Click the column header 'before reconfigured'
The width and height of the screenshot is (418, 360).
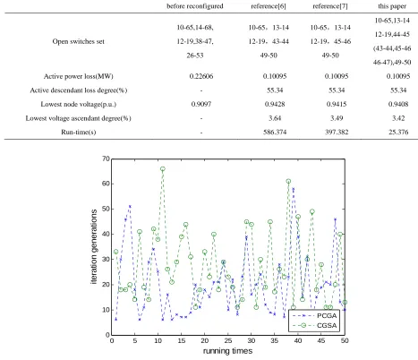tap(195, 6)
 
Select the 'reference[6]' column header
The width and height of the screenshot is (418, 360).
tap(269, 6)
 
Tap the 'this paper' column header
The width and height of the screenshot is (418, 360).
tap(392, 6)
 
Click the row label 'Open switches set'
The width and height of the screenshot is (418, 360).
tap(79, 41)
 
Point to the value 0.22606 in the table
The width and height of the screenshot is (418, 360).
tap(201, 76)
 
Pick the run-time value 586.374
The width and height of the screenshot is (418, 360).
tap(275, 132)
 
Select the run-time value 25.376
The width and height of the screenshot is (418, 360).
tap(398, 132)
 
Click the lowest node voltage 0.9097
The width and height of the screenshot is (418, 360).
tap(201, 104)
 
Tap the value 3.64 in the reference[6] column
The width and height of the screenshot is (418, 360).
tap(275, 118)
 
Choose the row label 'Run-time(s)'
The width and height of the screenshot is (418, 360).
tap(79, 132)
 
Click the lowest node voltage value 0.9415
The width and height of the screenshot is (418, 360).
tap(337, 104)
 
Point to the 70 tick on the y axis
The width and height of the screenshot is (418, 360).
tap(106, 159)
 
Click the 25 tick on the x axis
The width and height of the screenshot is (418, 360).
tap(228, 340)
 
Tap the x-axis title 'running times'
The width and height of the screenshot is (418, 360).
tap(228, 351)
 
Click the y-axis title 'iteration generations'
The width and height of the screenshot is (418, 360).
tap(94, 246)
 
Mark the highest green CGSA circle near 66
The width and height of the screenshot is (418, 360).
tap(163, 169)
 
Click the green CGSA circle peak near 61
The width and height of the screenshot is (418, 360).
tap(288, 181)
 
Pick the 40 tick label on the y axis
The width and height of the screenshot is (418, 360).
tap(106, 235)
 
